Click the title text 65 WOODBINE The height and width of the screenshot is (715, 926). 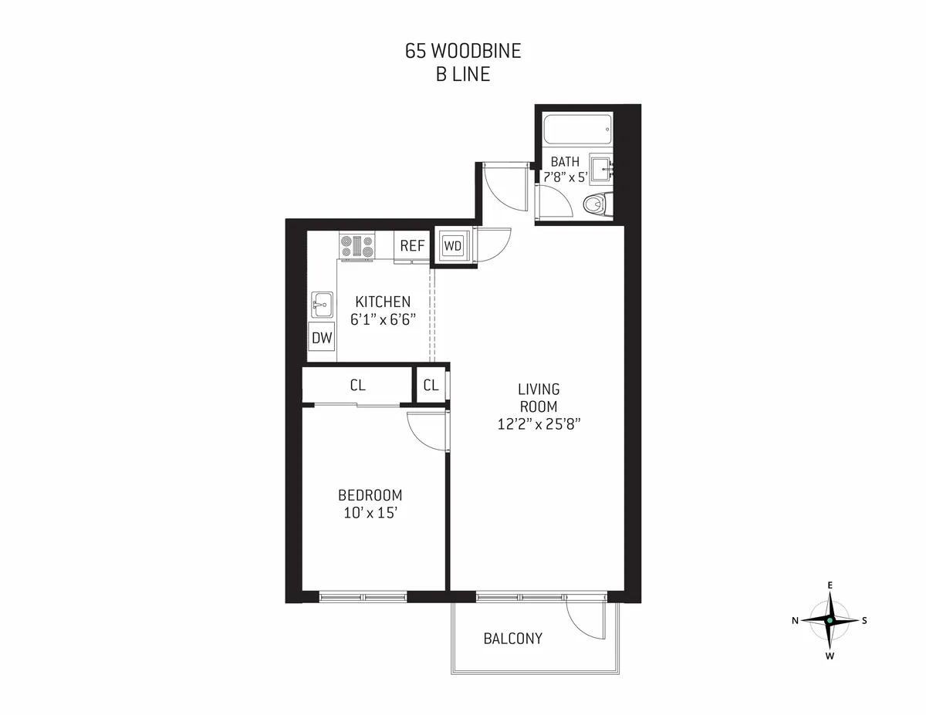pyautogui.click(x=463, y=52)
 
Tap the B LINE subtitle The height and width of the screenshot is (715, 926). pyautogui.click(x=463, y=75)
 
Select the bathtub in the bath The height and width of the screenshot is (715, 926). pyautogui.click(x=577, y=129)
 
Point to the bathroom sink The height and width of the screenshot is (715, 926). pyautogui.click(x=600, y=166)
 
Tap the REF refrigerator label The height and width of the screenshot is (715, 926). pyautogui.click(x=412, y=246)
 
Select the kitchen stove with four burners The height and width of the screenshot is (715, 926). pyautogui.click(x=357, y=246)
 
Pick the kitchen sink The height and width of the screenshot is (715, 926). pyautogui.click(x=321, y=305)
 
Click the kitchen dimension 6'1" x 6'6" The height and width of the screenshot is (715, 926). pyautogui.click(x=383, y=319)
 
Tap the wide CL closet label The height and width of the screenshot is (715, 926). pyautogui.click(x=357, y=386)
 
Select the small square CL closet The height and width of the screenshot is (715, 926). pyautogui.click(x=431, y=386)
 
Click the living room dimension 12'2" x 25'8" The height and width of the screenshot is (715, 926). pyautogui.click(x=539, y=423)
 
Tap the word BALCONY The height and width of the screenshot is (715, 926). pyautogui.click(x=512, y=639)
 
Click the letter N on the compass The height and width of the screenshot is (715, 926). pyautogui.click(x=795, y=620)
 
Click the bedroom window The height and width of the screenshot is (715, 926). pyautogui.click(x=363, y=596)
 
